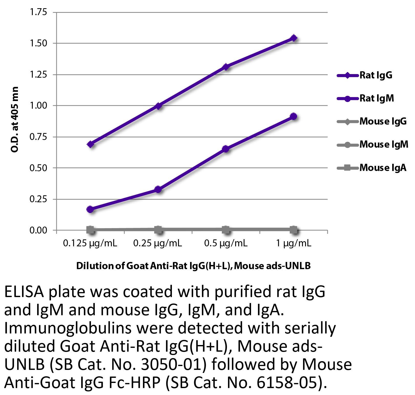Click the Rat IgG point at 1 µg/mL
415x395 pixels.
pyautogui.click(x=294, y=38)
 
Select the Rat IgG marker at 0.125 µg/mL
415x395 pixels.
pyautogui.click(x=90, y=144)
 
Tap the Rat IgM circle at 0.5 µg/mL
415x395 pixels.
pyautogui.click(x=226, y=149)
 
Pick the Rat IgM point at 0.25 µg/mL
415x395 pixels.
pyautogui.click(x=158, y=190)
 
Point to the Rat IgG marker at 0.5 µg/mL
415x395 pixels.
pyautogui.click(x=226, y=67)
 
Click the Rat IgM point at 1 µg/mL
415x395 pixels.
pyautogui.click(x=294, y=116)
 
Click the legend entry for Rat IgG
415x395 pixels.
pyautogui.click(x=376, y=75)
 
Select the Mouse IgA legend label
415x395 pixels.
pyautogui.click(x=383, y=168)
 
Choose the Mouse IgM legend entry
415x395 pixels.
pyautogui.click(x=383, y=145)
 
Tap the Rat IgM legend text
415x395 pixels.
pyautogui.click(x=377, y=98)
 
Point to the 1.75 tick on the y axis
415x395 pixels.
pyautogui.click(x=39, y=12)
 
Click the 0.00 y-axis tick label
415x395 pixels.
pyautogui.click(x=39, y=230)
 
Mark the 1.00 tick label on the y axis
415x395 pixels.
pyautogui.click(x=39, y=106)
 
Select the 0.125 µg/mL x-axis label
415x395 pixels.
pyautogui.click(x=90, y=243)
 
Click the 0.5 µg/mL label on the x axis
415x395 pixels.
pyautogui.click(x=226, y=243)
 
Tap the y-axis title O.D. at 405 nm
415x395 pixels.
pyautogui.click(x=15, y=120)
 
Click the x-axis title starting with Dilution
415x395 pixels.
pyautogui.click(x=193, y=266)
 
